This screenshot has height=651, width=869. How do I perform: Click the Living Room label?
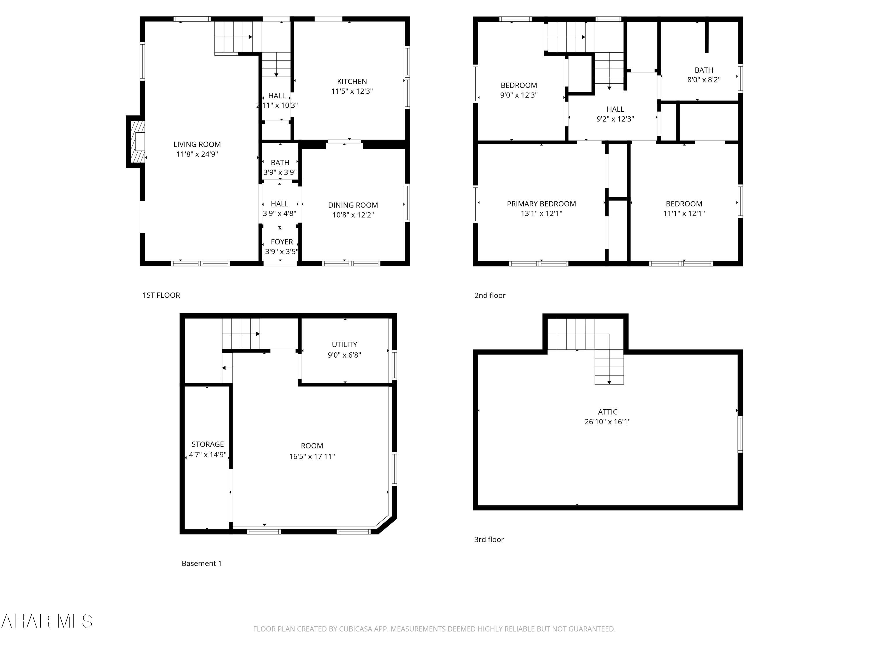[197, 144]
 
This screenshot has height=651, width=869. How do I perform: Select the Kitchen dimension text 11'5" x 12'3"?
[352, 91]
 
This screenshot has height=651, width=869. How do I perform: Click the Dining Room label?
[353, 205]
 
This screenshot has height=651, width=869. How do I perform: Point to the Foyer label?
[282, 242]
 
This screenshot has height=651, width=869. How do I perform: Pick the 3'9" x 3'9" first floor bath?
[280, 167]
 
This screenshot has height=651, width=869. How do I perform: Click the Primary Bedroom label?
[541, 204]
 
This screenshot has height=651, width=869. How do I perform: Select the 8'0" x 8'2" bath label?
[704, 75]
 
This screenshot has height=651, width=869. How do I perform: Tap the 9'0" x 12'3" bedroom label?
[519, 90]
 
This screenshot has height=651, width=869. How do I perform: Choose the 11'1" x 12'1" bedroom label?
[684, 208]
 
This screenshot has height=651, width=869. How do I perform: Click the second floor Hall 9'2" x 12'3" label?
[615, 114]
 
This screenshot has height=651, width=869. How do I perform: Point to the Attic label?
[607, 412]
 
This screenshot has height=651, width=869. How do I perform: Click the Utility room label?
[344, 345]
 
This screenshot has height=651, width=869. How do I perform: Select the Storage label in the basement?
[207, 444]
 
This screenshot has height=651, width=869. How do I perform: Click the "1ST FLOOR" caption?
[161, 295]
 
